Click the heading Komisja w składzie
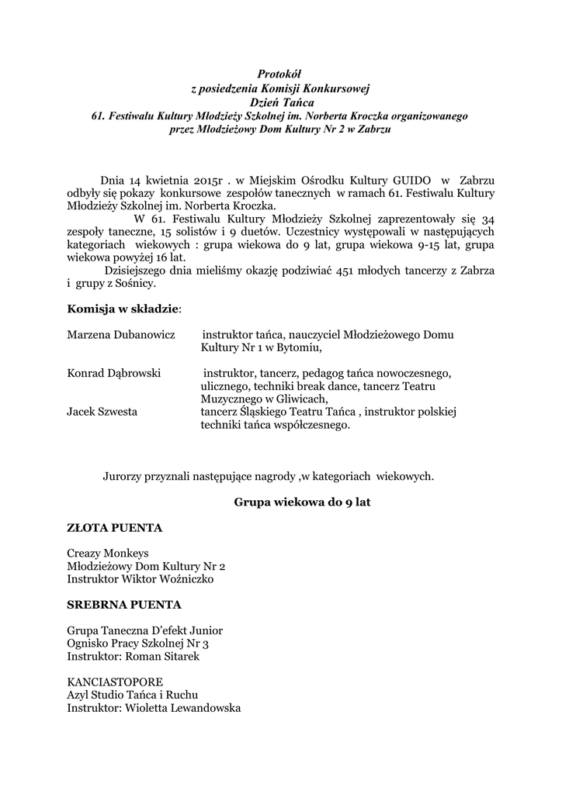coord(123,309)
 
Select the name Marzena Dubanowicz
coord(120,335)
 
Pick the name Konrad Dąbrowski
coord(114,373)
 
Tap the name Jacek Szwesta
coord(102,412)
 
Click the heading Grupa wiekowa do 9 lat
coord(303,502)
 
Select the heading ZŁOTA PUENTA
coord(115,528)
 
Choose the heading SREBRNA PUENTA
coord(124,604)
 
